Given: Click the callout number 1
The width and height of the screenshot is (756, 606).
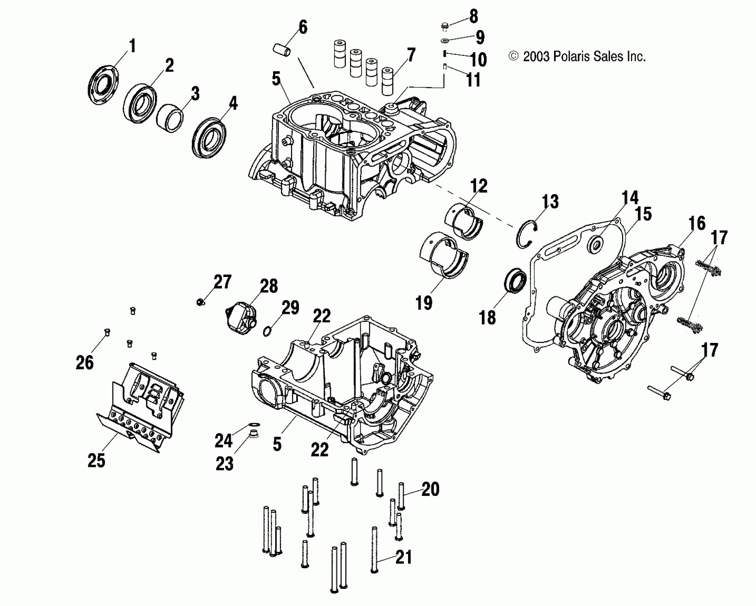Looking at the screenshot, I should [132, 47].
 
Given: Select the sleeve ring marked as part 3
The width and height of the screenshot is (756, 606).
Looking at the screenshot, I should [170, 117].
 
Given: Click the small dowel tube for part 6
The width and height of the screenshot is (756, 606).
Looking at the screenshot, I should [282, 50].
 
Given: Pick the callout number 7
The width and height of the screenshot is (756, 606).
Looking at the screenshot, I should [411, 56].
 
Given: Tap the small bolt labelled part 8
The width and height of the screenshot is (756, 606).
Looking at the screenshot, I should [444, 25].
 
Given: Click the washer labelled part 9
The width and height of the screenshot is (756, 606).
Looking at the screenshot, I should [444, 40].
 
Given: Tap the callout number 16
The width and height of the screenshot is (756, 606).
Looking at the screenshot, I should [697, 224].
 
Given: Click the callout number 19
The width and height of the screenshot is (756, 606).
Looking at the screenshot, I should [424, 303].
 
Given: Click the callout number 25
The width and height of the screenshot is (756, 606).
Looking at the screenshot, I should [96, 460].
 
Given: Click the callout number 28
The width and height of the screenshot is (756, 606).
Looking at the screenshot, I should [269, 286].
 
